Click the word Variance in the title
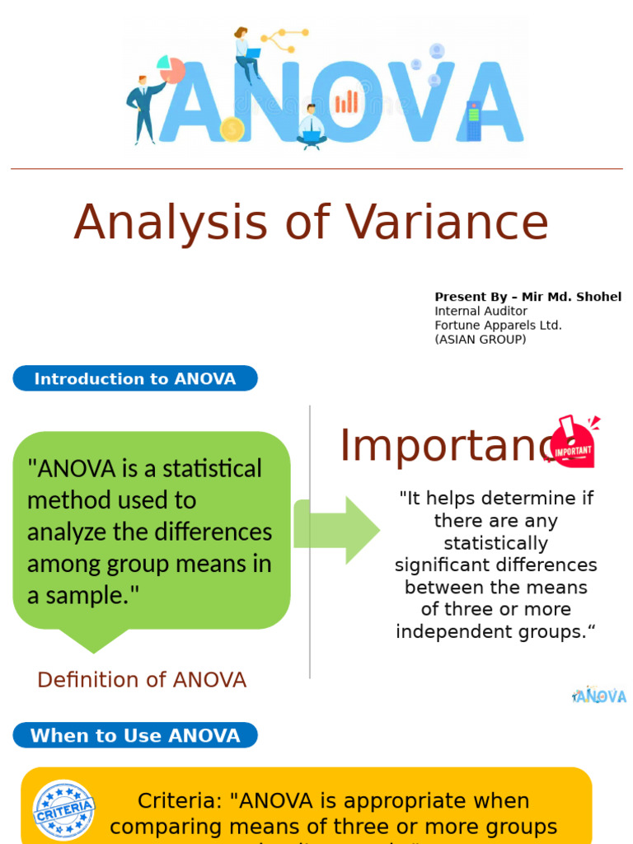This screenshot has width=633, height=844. point(446,223)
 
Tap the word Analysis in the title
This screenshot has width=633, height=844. point(171,223)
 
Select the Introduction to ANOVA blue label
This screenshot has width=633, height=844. point(135,379)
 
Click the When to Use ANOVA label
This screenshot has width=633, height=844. point(135,735)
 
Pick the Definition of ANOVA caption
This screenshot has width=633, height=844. point(142,680)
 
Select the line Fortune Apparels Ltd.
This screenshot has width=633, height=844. point(498,326)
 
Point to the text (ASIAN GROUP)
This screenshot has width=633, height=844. point(480,340)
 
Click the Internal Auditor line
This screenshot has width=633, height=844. point(481,312)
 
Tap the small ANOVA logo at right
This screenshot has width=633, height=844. point(599,696)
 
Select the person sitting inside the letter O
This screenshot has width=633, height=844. point(311,126)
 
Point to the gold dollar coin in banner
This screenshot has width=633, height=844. point(232,129)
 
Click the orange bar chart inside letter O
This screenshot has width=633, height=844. point(346,101)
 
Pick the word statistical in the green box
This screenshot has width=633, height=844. point(212,469)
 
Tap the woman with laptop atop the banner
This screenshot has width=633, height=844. point(246,54)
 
